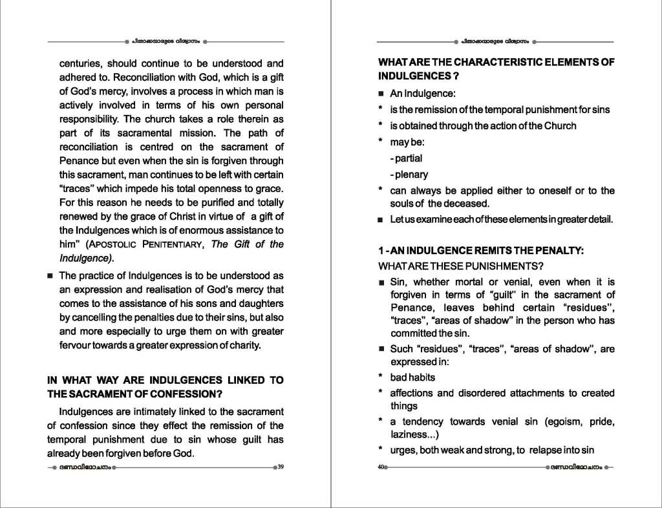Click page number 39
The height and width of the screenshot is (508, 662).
coord(281,467)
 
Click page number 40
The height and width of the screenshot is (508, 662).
coord(381,467)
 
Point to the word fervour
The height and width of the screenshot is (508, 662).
coord(77,345)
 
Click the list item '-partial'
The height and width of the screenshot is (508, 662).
coord(406,158)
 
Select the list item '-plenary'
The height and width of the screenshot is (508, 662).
coord(409,175)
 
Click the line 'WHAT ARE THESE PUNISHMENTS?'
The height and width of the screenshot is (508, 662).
coord(460,266)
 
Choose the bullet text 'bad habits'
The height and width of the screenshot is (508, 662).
coord(412,377)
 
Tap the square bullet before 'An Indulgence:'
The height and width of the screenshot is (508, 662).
coord(381,94)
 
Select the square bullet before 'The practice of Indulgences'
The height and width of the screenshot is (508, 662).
coord(49,277)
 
